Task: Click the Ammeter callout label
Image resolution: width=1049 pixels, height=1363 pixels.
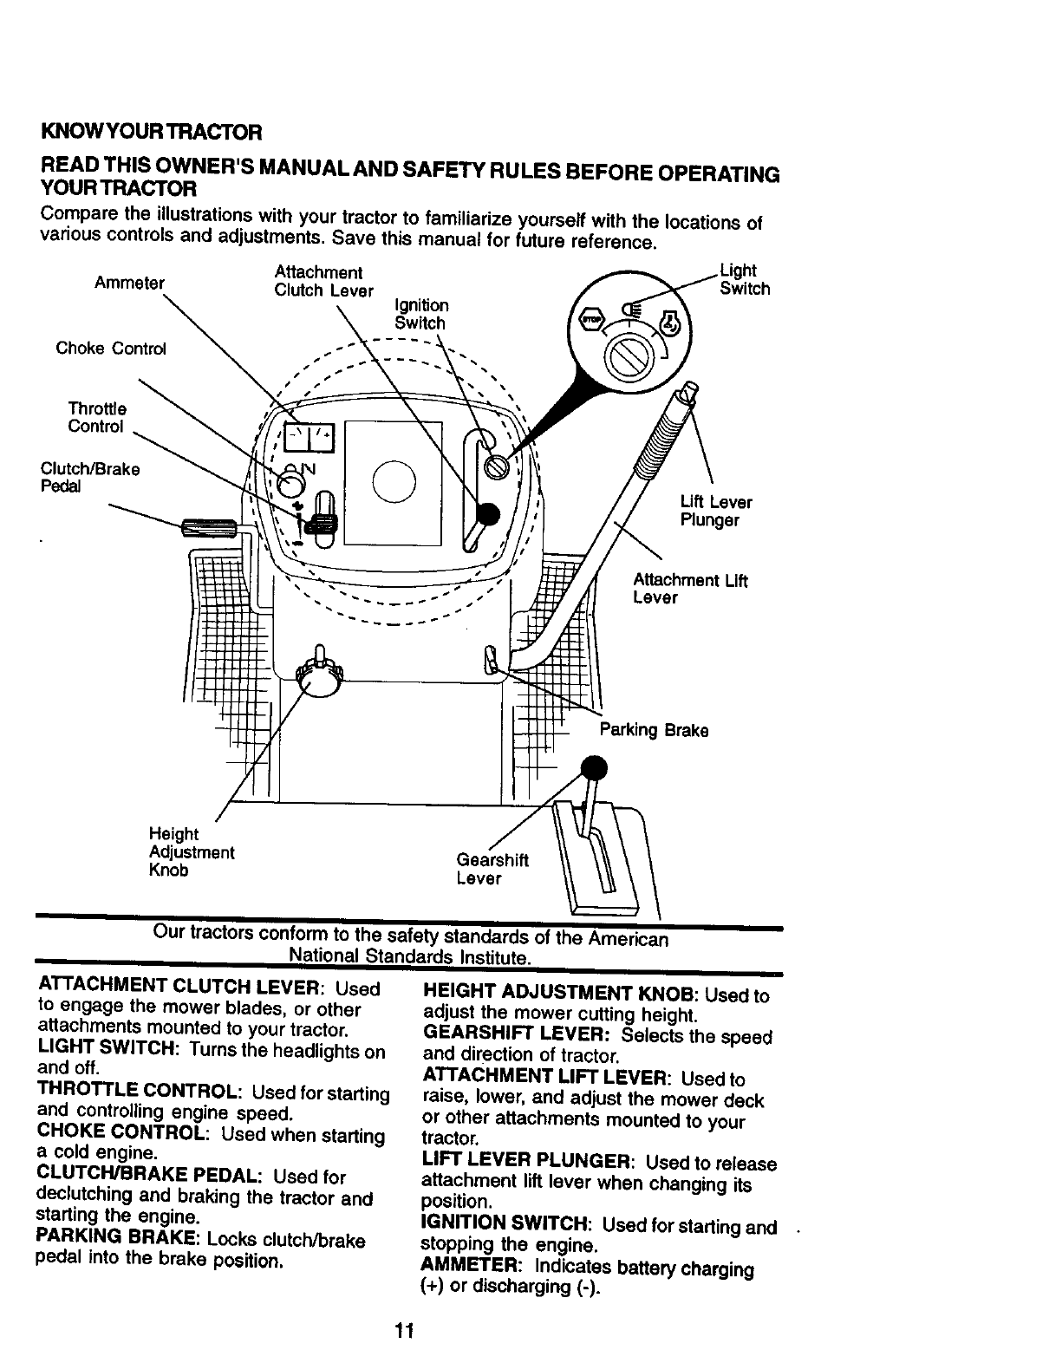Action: tap(130, 284)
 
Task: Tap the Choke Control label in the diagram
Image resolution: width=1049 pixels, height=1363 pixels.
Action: tap(110, 349)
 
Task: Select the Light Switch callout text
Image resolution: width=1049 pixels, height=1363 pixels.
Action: tap(744, 280)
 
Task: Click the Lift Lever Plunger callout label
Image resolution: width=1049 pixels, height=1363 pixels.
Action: tap(715, 512)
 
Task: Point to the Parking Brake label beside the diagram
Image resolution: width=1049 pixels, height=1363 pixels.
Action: tap(654, 730)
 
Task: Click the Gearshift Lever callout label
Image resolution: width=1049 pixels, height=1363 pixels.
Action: tap(492, 869)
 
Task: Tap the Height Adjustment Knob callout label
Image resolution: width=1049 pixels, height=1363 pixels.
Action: tap(192, 851)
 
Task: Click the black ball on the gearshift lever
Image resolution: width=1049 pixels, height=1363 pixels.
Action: tap(594, 768)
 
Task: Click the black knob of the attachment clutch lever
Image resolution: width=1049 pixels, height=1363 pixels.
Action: tap(488, 514)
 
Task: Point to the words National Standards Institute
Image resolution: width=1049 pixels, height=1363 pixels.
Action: tap(408, 957)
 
